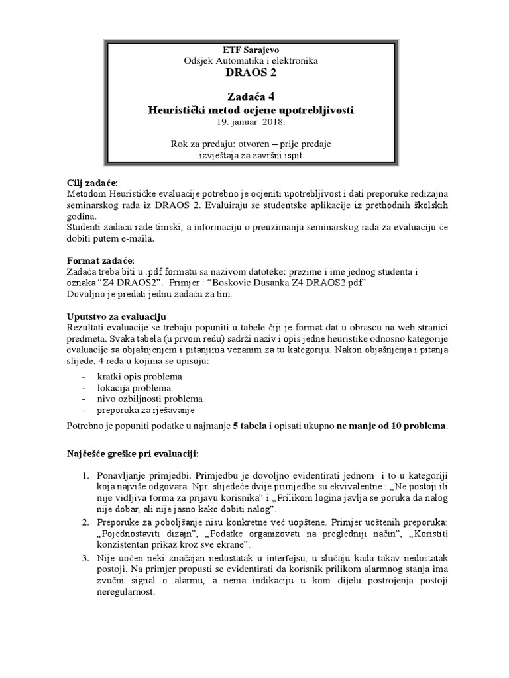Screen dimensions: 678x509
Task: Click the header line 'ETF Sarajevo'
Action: [251, 50]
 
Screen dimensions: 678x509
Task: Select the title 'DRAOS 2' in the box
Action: [251, 73]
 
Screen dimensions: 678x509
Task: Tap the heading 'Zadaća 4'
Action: [251, 96]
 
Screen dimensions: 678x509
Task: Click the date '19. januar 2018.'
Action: [251, 123]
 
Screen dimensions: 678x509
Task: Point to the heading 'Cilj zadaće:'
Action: [95, 183]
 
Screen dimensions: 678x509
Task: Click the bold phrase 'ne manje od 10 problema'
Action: [392, 426]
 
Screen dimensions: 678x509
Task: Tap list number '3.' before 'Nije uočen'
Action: [85, 559]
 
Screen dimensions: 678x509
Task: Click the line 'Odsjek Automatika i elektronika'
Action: [251, 60]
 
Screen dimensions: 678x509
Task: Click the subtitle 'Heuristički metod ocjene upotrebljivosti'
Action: [251, 110]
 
